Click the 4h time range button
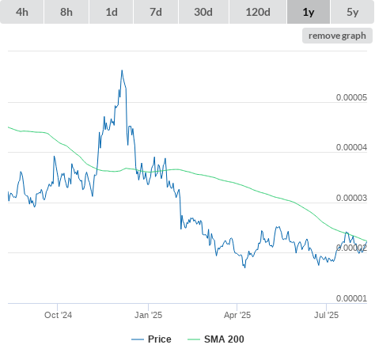pos(22,12)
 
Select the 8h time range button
pos(66,12)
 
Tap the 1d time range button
pos(112,12)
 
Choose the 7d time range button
pos(156,12)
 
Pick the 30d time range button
pos(203,12)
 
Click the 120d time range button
pos(258,12)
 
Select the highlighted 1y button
pos(309,12)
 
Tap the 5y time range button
pos(353,12)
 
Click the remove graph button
pos(337,36)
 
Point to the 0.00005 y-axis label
pos(351,97)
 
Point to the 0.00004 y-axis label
pos(351,147)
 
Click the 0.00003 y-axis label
pos(351,198)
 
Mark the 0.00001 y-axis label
pos(351,298)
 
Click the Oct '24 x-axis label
pos(58,315)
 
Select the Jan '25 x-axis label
pos(148,315)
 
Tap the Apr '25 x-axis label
pos(237,315)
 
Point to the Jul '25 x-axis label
pos(326,315)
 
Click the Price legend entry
pos(151,339)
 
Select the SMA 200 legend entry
pos(216,339)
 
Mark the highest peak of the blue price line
pos(122,70)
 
